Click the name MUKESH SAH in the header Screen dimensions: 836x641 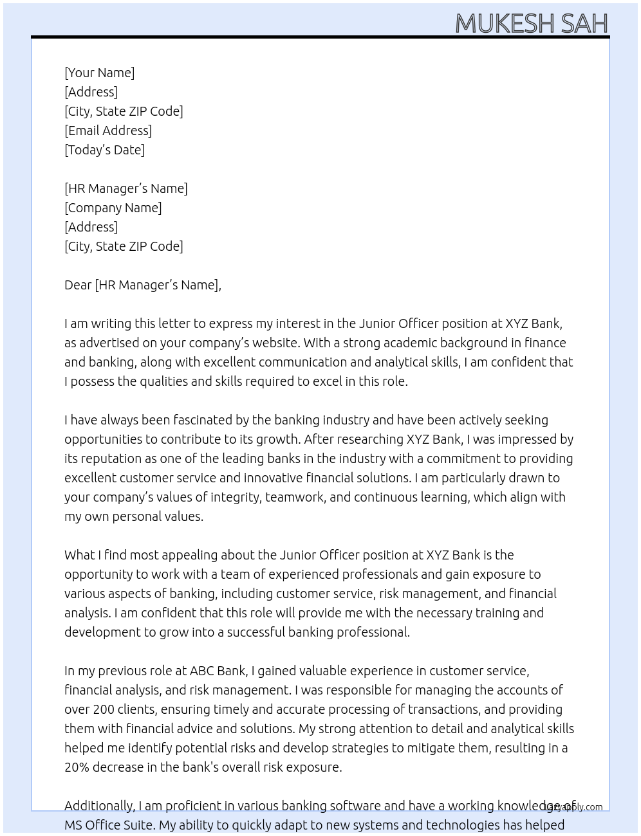pos(531,24)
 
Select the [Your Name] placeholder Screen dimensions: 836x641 pos(100,73)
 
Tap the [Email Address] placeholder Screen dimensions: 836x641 pos(108,131)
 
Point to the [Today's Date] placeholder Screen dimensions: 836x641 pos(104,150)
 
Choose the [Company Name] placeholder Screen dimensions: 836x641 pos(113,208)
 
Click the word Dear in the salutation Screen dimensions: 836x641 pos(78,285)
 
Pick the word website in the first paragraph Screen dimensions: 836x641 pos(273,343)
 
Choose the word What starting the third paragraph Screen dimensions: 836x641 pos(80,555)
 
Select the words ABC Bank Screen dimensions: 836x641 pos(218,671)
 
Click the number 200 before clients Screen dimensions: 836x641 pos(104,709)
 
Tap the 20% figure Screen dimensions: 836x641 pos(76,767)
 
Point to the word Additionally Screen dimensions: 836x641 pos(99,806)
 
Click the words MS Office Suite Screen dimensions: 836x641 pos(109,825)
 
